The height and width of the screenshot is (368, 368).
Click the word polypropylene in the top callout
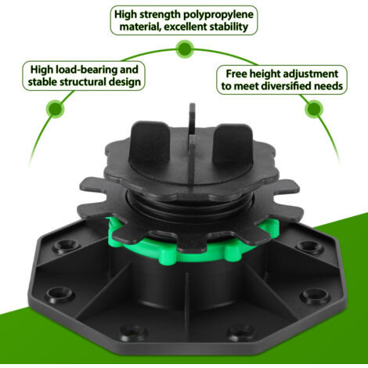[x=218, y=15]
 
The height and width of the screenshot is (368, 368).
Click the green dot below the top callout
[x=185, y=49]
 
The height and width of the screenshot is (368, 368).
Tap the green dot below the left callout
[x=56, y=109]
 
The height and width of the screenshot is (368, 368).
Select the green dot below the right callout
[x=314, y=109]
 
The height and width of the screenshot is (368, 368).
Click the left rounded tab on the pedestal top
[x=150, y=143]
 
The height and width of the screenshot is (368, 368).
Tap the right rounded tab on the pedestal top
[x=233, y=143]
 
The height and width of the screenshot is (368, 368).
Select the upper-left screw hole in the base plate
[x=65, y=245]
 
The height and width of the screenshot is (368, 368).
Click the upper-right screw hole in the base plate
[x=308, y=245]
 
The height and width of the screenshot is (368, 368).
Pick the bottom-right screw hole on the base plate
[x=241, y=332]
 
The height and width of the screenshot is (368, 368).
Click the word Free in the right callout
[x=236, y=74]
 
